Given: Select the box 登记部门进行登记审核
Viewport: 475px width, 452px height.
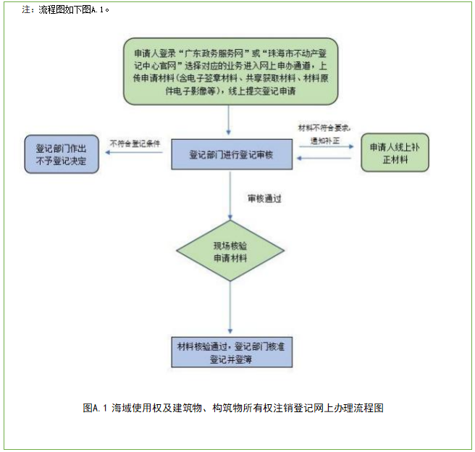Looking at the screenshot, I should coord(231,154).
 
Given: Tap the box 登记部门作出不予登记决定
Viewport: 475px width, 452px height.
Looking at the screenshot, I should coord(61,154).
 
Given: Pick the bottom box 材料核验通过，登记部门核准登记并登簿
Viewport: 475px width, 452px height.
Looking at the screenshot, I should coord(230,351).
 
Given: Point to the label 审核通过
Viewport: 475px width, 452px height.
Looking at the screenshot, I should coord(262,197).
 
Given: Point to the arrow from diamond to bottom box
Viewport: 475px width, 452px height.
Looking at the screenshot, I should coord(230,308).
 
